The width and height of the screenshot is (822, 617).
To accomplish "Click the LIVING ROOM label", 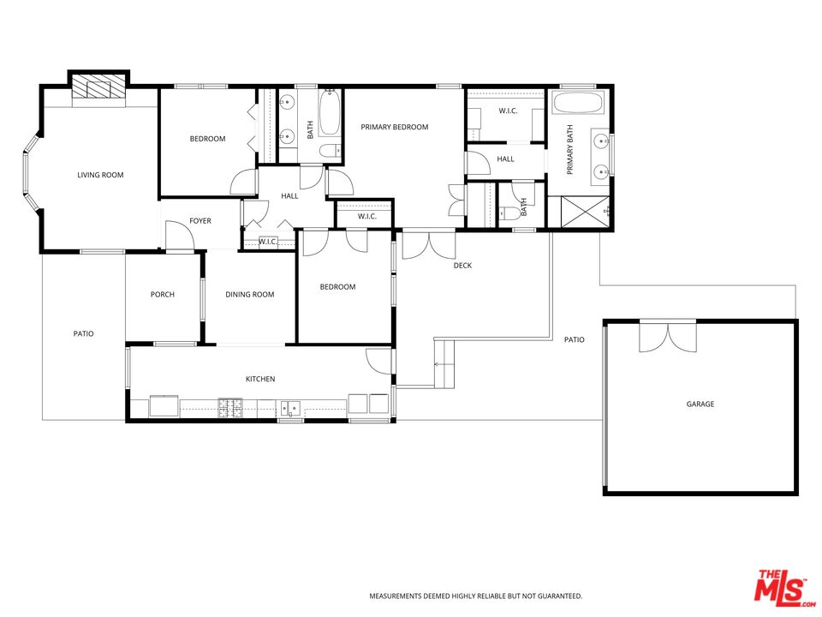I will (100, 175).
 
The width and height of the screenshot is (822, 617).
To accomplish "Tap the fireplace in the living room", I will (98, 87).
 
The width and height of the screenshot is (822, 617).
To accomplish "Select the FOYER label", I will (200, 221).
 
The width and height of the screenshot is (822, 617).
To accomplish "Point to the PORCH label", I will (163, 295).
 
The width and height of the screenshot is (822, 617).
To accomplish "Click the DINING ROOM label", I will (249, 295).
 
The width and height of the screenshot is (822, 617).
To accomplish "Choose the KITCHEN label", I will (260, 379).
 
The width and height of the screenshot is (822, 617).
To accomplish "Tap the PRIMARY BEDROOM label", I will (394, 127).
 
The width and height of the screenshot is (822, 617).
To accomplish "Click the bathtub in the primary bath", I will (577, 105).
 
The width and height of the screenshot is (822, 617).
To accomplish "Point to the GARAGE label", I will (700, 404).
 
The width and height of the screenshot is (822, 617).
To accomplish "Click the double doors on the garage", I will (668, 337).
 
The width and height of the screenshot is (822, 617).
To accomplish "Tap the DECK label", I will (462, 266).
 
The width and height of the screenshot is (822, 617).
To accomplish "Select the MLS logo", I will (780, 588).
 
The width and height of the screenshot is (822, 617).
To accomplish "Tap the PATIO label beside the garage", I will (574, 339).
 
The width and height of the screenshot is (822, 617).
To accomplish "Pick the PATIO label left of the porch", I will (83, 333).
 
